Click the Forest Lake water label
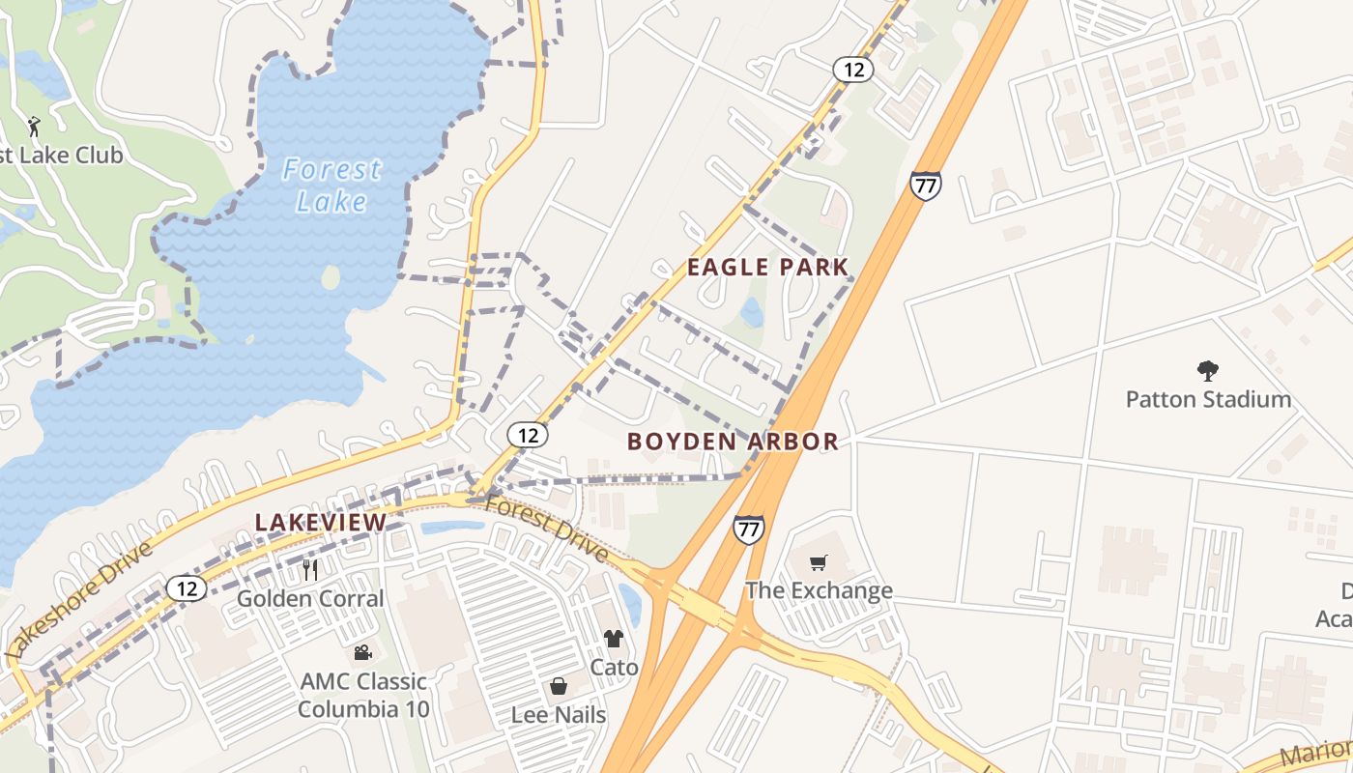coord(331,185)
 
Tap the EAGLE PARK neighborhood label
coord(767,268)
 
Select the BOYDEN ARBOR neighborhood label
coord(733,442)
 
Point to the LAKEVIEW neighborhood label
coord(320,523)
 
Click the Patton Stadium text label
coord(1208,399)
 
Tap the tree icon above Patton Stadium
coord(1207,370)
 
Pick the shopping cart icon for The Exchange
coord(819,562)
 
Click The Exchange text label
coord(819,590)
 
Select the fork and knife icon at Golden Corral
coord(310,570)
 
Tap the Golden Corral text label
coord(310,598)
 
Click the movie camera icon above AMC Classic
coord(362,653)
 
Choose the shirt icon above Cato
coord(614,639)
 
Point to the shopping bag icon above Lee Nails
coord(559,687)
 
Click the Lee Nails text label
coord(559,715)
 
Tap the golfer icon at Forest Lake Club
coord(35,126)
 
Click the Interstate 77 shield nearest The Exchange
coord(748,529)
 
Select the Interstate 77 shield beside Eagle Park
coord(925,186)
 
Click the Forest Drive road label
coord(546,528)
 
